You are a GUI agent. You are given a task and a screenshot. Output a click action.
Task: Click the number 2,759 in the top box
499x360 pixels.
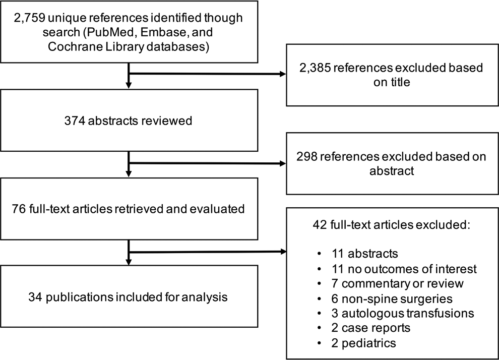pyautogui.click(x=29, y=18)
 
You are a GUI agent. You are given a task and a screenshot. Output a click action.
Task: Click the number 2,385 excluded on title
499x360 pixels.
pyautogui.click(x=315, y=68)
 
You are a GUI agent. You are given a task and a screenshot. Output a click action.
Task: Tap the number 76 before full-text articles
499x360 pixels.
pyautogui.click(x=19, y=209)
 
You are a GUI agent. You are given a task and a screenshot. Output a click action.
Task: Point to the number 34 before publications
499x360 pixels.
pyautogui.click(x=35, y=297)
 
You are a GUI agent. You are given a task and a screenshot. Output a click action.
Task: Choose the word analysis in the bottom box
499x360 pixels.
pyautogui.click(x=205, y=297)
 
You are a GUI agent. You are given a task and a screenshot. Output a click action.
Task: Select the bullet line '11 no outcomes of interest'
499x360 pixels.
pyautogui.click(x=404, y=269)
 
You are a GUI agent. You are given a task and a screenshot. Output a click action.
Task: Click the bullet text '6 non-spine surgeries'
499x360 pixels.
pyautogui.click(x=392, y=298)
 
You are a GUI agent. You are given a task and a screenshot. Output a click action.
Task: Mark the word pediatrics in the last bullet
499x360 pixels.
pyautogui.click(x=369, y=343)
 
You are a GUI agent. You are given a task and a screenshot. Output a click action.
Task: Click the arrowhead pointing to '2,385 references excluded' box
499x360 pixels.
pyautogui.click(x=283, y=74)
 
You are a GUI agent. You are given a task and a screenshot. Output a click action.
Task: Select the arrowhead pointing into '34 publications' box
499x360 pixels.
pyautogui.click(x=129, y=262)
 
